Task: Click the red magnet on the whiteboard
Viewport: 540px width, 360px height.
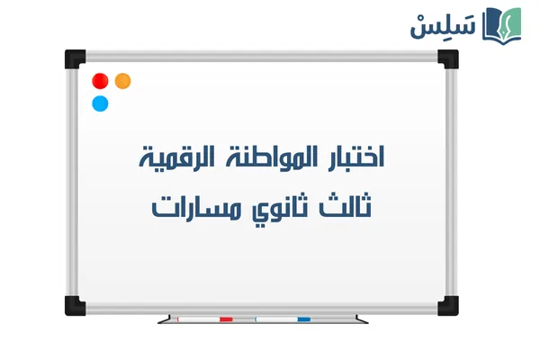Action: point(100,81)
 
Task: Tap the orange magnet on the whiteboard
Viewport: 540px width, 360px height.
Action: point(123,81)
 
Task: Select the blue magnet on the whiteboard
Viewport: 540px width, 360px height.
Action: point(100,103)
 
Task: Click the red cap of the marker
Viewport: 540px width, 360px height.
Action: point(226,319)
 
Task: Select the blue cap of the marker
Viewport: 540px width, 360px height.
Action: point(303,319)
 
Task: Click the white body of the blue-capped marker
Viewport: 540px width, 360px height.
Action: point(274,319)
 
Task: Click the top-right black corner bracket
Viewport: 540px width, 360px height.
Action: point(447,58)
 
